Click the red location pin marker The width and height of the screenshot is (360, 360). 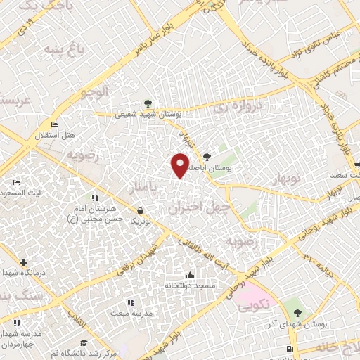pos(180,165)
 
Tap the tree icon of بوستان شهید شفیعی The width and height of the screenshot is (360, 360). pos(147,103)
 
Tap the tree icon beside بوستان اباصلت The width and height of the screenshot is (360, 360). pos(207,157)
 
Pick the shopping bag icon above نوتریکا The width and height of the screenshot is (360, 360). pos(141,210)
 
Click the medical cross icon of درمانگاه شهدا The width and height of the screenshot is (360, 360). pos(24,262)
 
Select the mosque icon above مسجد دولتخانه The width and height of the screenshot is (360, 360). pos(189,275)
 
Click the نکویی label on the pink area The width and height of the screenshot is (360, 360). pos(248,307)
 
